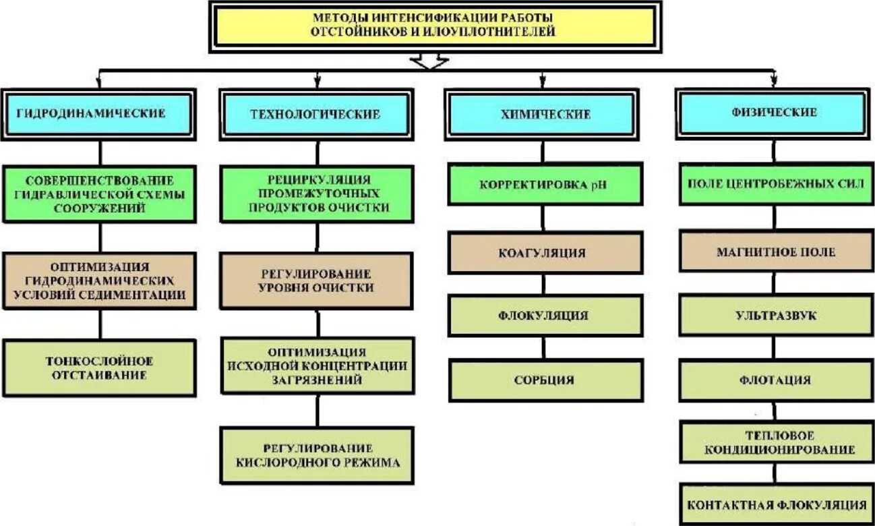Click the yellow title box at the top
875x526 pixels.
pyautogui.click(x=434, y=26)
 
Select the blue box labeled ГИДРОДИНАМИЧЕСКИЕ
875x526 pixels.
pyautogui.click(x=99, y=113)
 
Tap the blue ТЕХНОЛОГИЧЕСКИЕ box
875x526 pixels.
pyautogui.click(x=315, y=114)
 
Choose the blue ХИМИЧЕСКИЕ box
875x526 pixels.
pyautogui.click(x=545, y=115)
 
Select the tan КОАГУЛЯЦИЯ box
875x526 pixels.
pyautogui.click(x=545, y=253)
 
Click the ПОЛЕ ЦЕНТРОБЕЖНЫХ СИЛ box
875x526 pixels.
pyautogui.click(x=774, y=183)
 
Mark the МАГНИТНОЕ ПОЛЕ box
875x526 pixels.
pyautogui.click(x=774, y=252)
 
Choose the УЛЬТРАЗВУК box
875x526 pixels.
pyautogui.click(x=774, y=315)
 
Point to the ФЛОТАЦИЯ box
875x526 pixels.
pyautogui.click(x=774, y=380)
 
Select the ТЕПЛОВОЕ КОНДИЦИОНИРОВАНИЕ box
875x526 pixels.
pyautogui.click(x=774, y=442)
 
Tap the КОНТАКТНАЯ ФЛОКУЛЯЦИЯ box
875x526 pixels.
pyautogui.click(x=774, y=504)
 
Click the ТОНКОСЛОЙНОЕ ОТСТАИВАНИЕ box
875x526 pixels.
pyautogui.click(x=99, y=368)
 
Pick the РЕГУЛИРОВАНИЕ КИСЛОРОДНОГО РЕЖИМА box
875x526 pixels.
pyautogui.click(x=317, y=455)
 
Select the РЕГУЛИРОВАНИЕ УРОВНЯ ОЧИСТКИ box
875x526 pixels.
pyautogui.click(x=317, y=281)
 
